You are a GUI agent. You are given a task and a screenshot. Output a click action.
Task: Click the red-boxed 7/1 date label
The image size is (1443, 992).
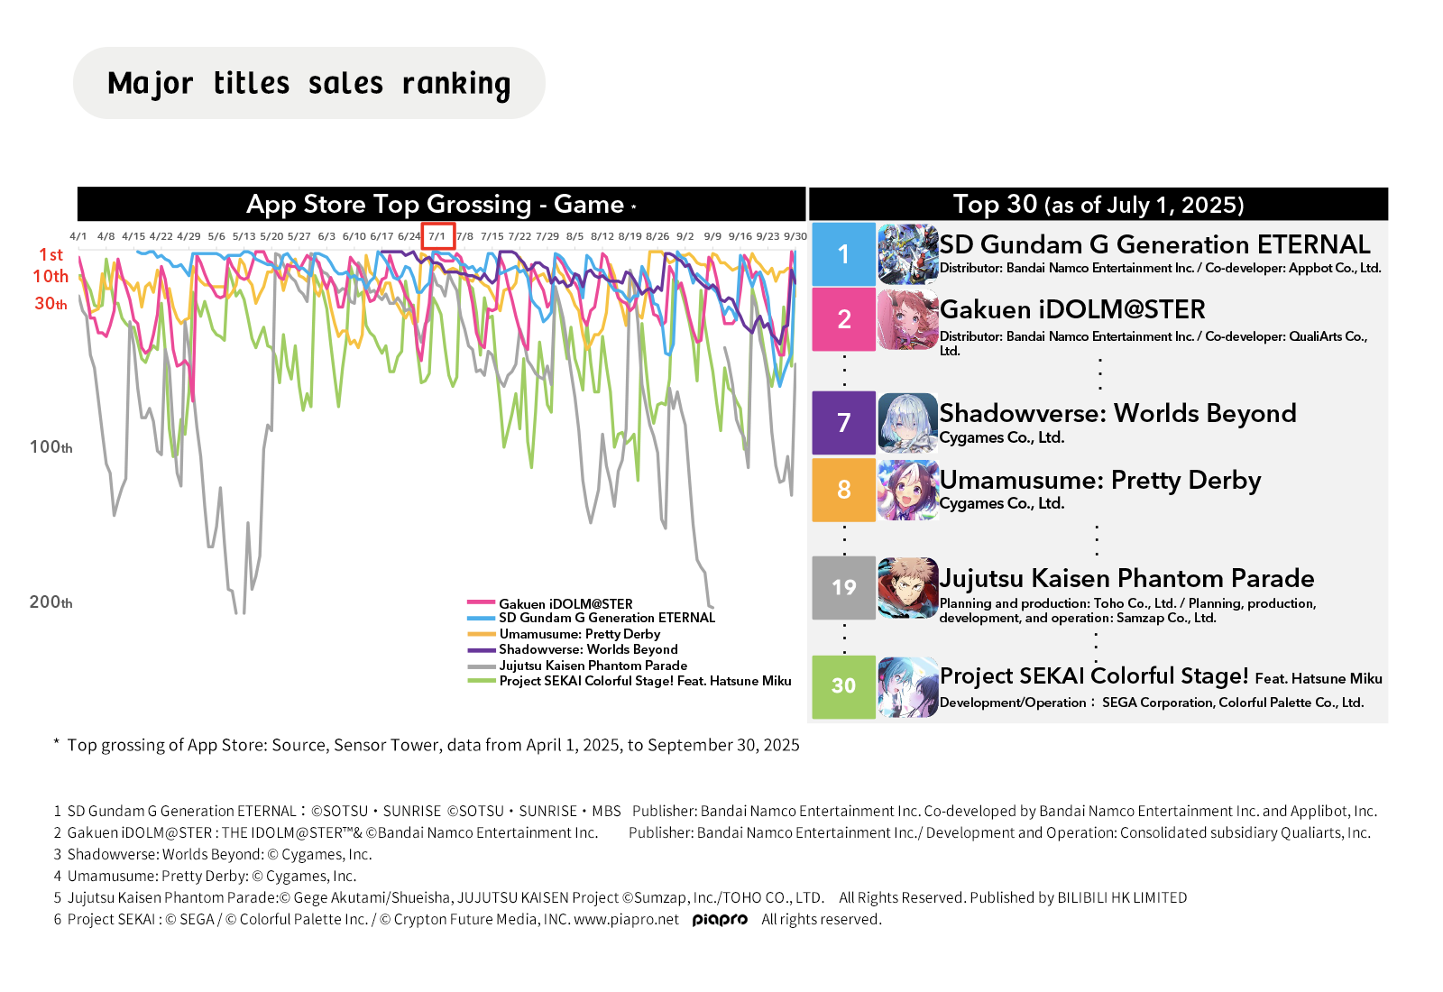438,235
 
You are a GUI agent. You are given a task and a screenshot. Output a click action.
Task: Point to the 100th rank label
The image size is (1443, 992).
51,446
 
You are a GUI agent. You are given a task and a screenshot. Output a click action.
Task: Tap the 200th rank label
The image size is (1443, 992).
51,602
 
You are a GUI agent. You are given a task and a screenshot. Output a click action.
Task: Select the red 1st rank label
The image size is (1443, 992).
51,254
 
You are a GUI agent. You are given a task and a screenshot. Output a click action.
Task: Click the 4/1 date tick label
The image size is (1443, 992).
78,236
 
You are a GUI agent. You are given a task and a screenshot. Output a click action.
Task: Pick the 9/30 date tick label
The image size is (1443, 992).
795,236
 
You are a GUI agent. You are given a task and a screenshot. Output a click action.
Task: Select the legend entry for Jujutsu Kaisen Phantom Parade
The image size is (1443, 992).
577,666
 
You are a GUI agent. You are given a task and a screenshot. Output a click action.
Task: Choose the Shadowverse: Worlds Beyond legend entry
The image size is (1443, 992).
572,649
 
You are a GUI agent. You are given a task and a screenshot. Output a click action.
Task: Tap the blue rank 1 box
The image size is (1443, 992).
843,254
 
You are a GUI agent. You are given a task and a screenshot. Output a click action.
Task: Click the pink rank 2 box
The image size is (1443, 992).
843,319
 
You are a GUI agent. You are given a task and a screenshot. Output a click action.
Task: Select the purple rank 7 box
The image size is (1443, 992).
843,423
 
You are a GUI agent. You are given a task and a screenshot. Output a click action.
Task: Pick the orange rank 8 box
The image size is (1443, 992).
843,490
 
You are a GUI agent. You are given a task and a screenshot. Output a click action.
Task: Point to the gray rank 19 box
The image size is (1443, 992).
843,587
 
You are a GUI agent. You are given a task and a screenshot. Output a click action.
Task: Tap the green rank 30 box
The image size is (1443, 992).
843,686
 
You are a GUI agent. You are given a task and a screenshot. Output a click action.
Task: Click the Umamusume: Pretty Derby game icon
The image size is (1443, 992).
907,490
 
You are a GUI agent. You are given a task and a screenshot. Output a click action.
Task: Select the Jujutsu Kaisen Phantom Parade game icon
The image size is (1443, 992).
907,588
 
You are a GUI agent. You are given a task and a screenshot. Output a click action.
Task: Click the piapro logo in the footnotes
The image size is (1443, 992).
720,920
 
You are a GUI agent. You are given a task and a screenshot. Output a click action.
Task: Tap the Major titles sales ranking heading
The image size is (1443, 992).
309,84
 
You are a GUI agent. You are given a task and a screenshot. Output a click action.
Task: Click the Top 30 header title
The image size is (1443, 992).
1098,204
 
